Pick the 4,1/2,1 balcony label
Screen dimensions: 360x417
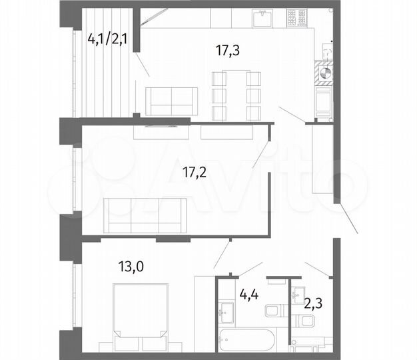tap(109, 39)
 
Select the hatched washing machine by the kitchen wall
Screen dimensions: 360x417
tap(324, 73)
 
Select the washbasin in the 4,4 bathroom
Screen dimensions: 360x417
tap(225, 310)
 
